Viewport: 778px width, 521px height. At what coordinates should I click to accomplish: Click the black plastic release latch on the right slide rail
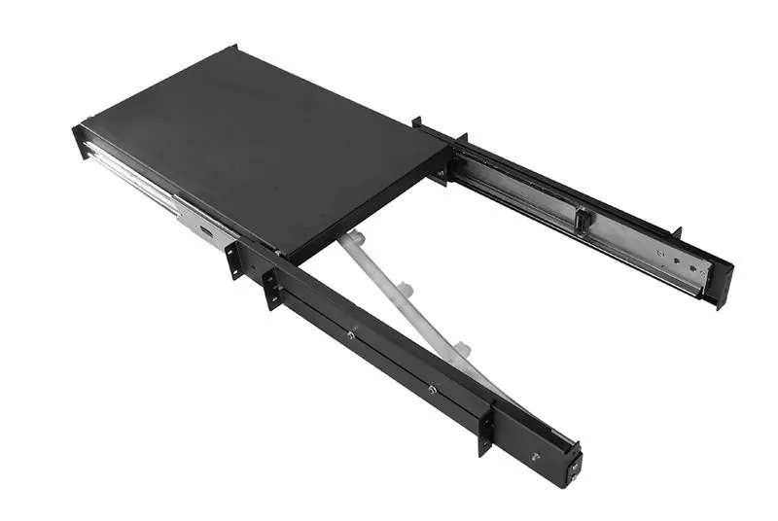[582, 221]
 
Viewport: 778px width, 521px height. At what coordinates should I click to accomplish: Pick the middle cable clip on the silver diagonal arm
[407, 290]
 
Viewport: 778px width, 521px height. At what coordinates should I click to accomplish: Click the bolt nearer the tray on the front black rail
[350, 335]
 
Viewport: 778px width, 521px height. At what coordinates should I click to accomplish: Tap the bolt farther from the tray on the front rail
[431, 390]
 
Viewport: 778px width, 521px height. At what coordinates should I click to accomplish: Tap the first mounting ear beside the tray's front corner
[234, 260]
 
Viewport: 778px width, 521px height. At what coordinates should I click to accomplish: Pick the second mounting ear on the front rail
[272, 288]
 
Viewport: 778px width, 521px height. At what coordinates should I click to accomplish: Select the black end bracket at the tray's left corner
[79, 142]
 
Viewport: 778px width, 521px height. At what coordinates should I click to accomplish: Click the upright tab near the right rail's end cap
[677, 232]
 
